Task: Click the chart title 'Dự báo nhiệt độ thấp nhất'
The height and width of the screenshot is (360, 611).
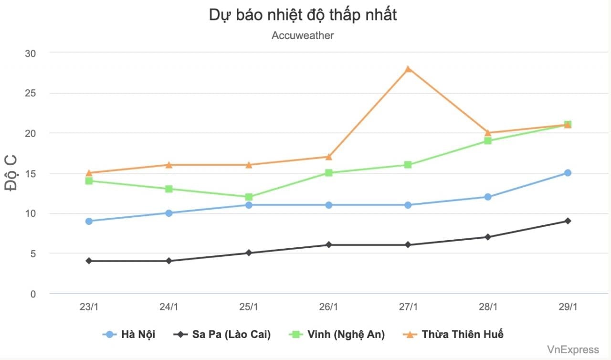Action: point(303,15)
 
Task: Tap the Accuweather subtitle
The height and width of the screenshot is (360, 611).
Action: point(303,35)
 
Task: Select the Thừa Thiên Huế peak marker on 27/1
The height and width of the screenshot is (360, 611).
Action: point(408,69)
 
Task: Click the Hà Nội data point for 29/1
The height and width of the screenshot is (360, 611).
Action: point(568,173)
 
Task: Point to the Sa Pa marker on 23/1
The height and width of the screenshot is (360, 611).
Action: point(89,261)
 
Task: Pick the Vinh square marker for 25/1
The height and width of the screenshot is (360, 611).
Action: point(249,197)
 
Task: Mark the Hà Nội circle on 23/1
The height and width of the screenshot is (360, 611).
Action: point(89,221)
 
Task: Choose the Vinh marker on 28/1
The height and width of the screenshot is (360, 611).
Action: point(488,141)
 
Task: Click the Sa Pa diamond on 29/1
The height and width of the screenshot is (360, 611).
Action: point(568,221)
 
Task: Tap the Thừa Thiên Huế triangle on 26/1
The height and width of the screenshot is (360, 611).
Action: point(328,157)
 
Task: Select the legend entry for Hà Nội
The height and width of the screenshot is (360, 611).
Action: point(129,334)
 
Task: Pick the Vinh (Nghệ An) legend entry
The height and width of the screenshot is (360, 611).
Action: point(337,334)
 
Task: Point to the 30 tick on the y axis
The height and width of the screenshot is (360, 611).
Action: point(30,53)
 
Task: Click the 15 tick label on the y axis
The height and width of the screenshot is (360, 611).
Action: point(30,173)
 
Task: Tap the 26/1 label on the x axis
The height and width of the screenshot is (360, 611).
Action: point(328,307)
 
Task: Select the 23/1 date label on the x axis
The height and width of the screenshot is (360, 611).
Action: point(89,307)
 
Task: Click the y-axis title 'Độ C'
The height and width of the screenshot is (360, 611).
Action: point(11,173)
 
